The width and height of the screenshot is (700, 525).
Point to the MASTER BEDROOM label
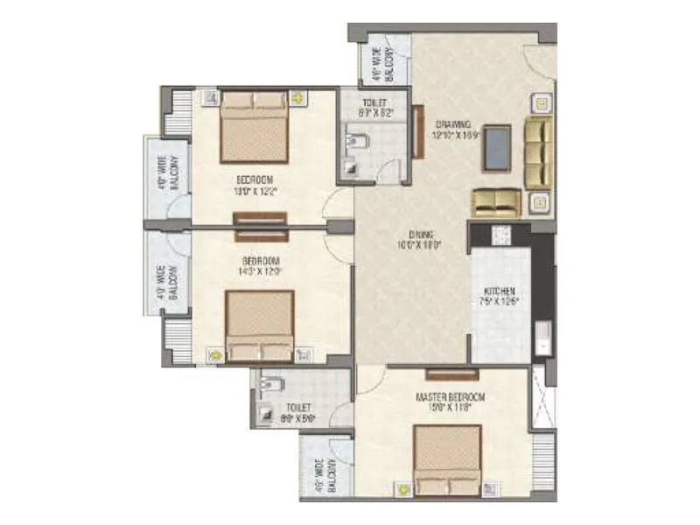click(x=450, y=396)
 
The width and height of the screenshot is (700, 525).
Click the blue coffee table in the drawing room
click(x=499, y=147)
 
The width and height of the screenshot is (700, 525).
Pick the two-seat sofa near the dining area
click(x=497, y=202)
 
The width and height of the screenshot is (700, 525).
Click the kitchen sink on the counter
click(x=542, y=336)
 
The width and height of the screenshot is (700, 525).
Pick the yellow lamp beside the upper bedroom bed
click(x=298, y=98)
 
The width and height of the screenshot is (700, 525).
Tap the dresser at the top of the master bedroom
click(x=453, y=374)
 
